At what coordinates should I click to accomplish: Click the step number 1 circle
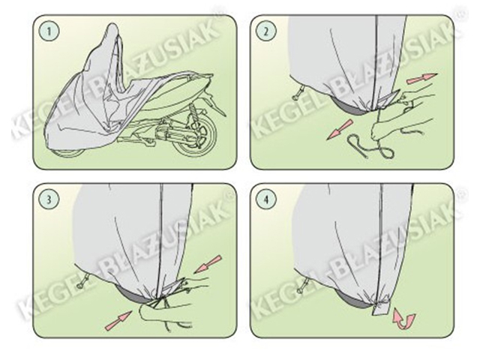[48, 31]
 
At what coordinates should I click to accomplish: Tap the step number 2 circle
[265, 31]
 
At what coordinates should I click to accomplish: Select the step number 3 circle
[48, 199]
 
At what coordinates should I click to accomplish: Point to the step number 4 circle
[265, 199]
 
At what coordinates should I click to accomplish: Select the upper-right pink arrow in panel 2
[421, 78]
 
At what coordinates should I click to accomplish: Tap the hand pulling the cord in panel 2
[398, 128]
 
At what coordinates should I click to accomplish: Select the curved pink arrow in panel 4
[404, 317]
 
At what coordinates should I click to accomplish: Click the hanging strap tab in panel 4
[381, 309]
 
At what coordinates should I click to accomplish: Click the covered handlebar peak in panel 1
[112, 31]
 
